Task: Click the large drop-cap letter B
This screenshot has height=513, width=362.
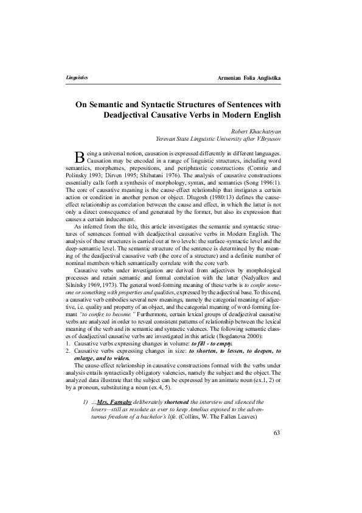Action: point(78,155)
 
